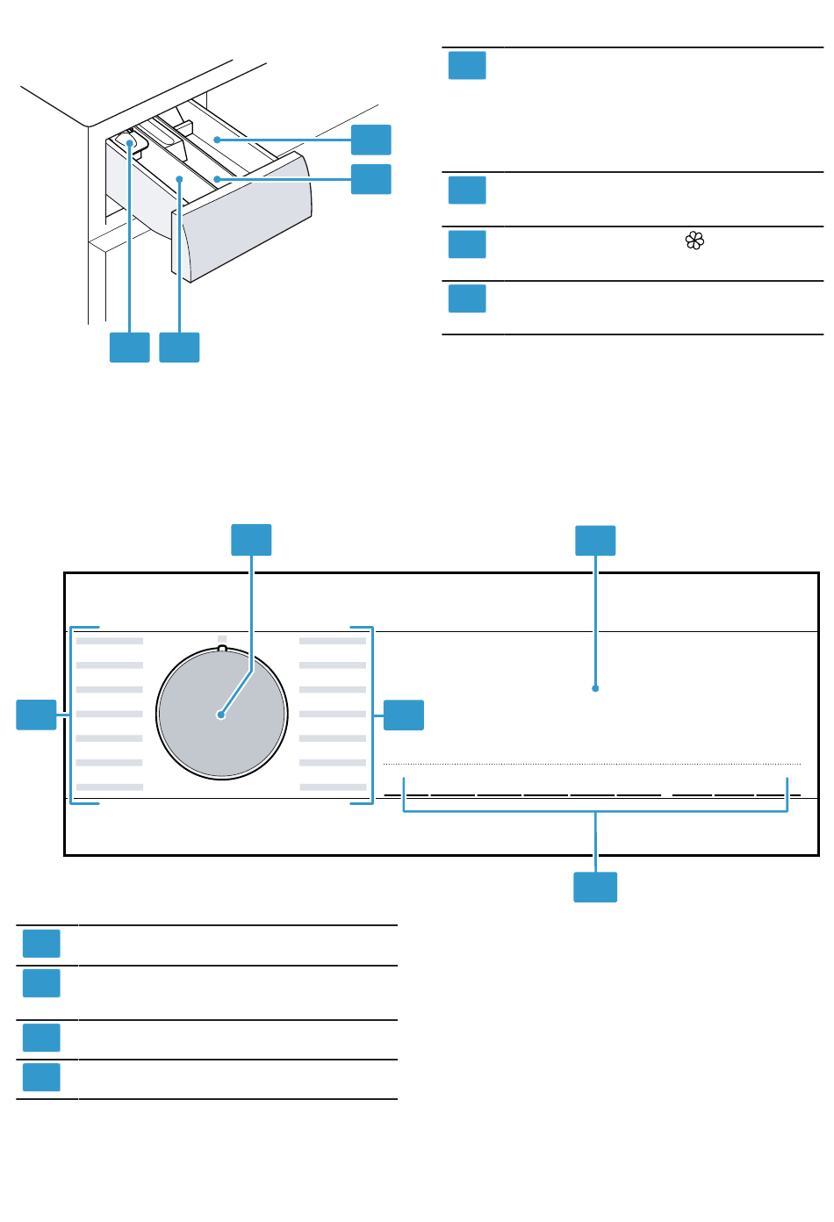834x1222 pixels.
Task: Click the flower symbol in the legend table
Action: tap(694, 241)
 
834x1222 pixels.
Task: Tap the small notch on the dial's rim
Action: tap(222, 649)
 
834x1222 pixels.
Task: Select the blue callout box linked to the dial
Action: tap(251, 540)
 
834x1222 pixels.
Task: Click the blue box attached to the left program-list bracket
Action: tap(37, 715)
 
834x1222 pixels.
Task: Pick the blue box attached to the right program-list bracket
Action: tap(404, 715)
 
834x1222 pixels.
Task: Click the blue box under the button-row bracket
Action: tap(595, 887)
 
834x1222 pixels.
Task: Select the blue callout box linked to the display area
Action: tap(595, 541)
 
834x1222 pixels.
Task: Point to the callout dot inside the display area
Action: tap(595, 688)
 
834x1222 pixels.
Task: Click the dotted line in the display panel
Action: tap(592, 764)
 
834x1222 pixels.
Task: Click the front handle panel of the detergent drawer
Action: tap(246, 219)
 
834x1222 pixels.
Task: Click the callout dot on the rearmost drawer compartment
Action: tap(217, 140)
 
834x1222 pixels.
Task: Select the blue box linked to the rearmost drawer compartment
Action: tap(371, 140)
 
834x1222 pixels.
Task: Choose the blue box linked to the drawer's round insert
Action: tap(129, 348)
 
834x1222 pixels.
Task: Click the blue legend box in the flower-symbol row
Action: tap(467, 244)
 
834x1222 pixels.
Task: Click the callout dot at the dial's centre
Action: tap(221, 715)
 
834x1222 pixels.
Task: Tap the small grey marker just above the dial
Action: tap(222, 638)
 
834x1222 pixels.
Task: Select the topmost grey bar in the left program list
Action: tap(110, 641)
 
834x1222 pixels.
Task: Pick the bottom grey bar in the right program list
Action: tap(334, 787)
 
